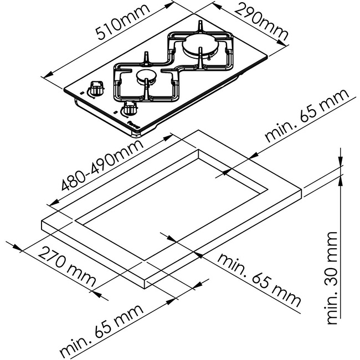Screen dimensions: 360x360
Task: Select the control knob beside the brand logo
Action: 131,107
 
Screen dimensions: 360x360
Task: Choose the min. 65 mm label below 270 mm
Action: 102,330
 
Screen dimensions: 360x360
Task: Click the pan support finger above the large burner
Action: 199,28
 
